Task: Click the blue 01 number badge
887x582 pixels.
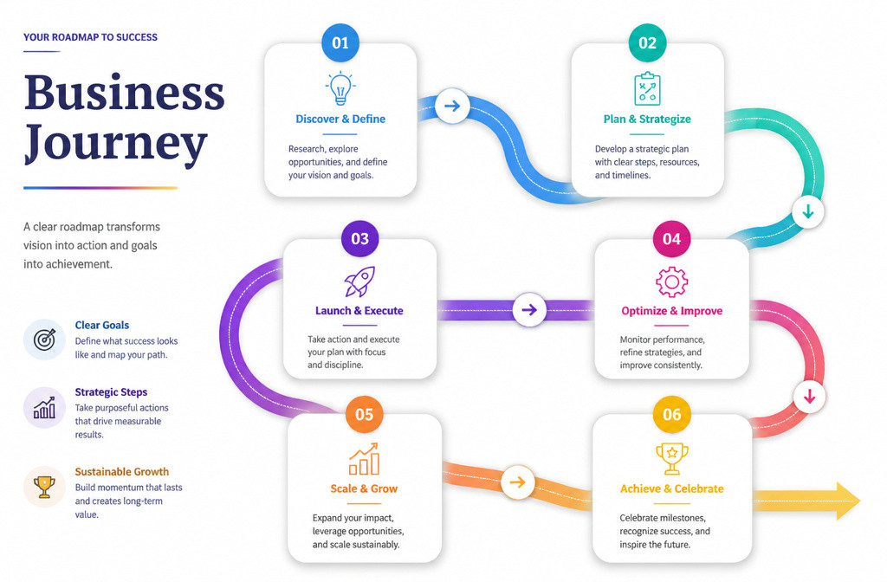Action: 340,42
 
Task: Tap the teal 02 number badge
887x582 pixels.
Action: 647,42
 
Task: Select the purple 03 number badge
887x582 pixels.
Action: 359,239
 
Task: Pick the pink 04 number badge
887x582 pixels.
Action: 671,239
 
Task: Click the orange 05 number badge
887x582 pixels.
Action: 364,415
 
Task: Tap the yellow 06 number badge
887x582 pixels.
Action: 671,415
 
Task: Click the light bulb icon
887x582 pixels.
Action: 340,88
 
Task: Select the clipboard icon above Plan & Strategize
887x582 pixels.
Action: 647,89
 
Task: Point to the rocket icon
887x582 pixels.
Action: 359,281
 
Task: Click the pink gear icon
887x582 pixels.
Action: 671,281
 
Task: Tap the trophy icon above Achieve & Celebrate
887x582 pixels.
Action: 672,459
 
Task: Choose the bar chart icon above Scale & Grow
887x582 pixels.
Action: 364,459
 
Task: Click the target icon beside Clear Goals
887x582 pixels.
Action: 45,339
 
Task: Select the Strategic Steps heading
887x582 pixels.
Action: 111,392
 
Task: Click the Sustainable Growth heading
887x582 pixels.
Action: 121,472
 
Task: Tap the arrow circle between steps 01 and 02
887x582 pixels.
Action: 452,106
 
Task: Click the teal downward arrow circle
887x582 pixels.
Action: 808,211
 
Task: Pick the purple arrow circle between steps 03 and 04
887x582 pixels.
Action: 529,309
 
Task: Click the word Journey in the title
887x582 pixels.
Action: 115,144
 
